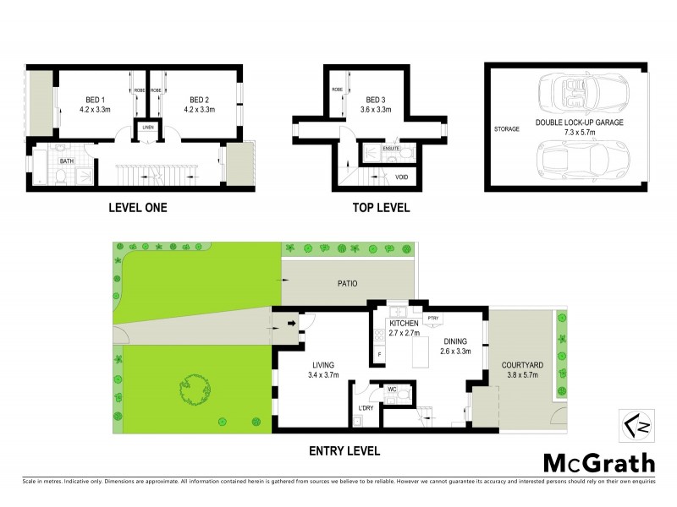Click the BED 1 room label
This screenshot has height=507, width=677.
94,97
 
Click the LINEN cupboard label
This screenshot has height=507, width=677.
148,127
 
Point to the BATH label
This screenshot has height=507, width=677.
67,160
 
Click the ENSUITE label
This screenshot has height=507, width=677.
390,148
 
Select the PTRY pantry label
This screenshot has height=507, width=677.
433,319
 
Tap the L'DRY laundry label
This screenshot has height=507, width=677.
366,409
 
